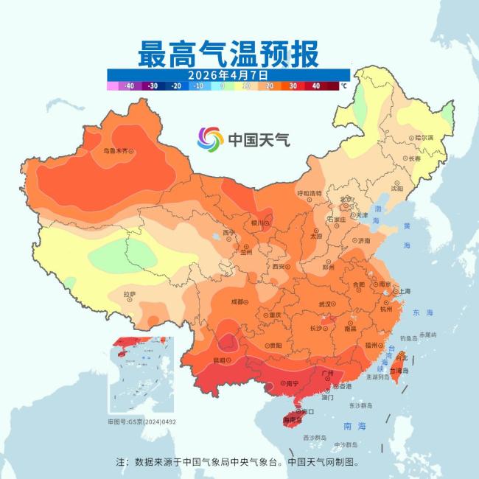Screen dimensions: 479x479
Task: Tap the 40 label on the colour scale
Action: point(315,85)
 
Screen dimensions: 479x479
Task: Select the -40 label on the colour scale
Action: point(129,85)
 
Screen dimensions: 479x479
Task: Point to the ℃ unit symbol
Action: point(343,85)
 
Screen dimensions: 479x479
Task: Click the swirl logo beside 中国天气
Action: point(210,138)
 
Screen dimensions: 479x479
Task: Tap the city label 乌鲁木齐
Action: point(119,151)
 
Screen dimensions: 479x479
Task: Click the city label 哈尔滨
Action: point(424,138)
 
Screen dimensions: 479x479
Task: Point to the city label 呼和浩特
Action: point(310,192)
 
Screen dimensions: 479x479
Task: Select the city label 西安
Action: point(279,267)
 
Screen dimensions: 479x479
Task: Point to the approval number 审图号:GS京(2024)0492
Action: point(142,422)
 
